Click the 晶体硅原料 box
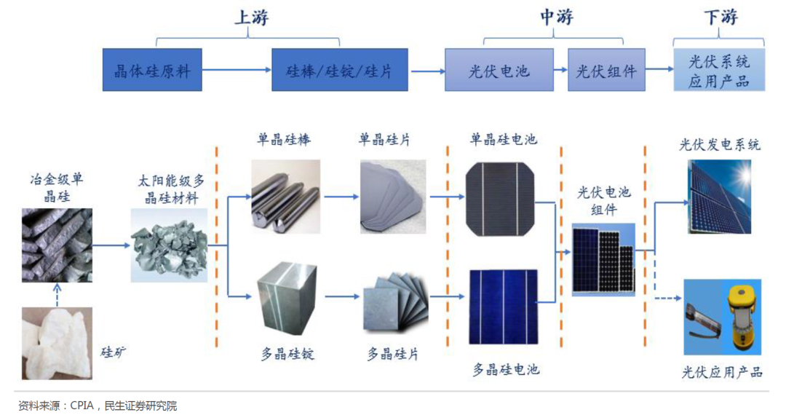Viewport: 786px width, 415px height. tap(152, 70)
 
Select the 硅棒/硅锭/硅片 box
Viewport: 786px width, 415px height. tap(340, 70)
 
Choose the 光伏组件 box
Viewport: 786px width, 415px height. tap(606, 70)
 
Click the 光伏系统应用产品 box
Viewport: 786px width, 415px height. tap(719, 70)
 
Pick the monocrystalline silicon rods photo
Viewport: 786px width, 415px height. tap(285, 195)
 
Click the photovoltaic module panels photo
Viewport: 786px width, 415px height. tap(603, 258)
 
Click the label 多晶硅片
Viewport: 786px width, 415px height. tap(392, 355)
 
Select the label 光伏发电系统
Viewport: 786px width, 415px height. tap(720, 144)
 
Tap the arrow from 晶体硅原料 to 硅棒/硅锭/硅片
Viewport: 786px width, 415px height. tap(237, 70)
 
